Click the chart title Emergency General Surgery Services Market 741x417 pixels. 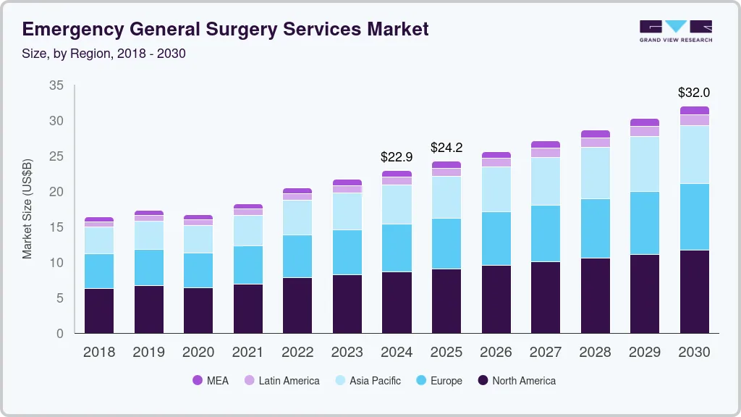click(x=225, y=29)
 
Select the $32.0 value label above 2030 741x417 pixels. click(x=693, y=93)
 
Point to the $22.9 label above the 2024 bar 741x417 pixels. click(x=397, y=156)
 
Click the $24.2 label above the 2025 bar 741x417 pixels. click(x=446, y=148)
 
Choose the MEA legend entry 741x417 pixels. click(x=211, y=381)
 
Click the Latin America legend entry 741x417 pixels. click(x=281, y=381)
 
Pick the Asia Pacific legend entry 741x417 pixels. click(x=367, y=381)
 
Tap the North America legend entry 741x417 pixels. click(x=516, y=381)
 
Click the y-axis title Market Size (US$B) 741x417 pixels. click(x=27, y=208)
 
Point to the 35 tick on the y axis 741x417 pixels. click(x=56, y=85)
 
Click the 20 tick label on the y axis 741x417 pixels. click(x=56, y=192)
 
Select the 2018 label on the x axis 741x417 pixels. click(x=99, y=353)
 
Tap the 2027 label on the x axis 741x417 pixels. click(x=545, y=353)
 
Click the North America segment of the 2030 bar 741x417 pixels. click(x=695, y=292)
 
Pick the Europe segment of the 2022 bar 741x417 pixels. click(x=297, y=256)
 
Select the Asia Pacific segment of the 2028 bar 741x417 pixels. click(x=596, y=173)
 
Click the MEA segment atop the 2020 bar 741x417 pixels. click(x=198, y=217)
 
